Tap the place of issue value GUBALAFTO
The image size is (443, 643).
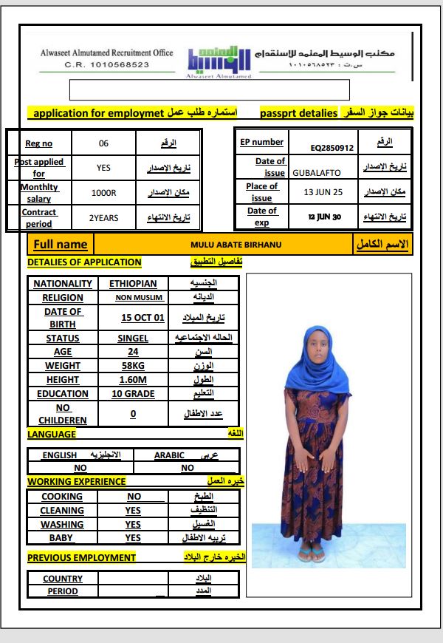(x=316, y=173)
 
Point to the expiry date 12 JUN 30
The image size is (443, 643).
(x=324, y=217)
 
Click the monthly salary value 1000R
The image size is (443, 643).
(x=103, y=193)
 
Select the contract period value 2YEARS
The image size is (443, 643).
(x=103, y=218)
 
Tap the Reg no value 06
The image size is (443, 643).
(x=103, y=143)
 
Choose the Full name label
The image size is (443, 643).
(x=61, y=245)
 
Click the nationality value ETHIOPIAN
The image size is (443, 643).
(x=133, y=284)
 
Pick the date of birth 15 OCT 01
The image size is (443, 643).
(x=142, y=318)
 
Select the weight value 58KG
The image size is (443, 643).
(x=133, y=366)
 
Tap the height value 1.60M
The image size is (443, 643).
(x=133, y=380)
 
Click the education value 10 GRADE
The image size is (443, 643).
(x=133, y=394)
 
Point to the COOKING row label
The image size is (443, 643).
(x=62, y=497)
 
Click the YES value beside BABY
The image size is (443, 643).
(x=133, y=538)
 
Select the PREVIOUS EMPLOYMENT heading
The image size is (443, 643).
(x=81, y=557)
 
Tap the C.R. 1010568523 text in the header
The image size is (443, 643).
(x=107, y=64)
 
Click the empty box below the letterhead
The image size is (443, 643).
(x=209, y=89)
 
